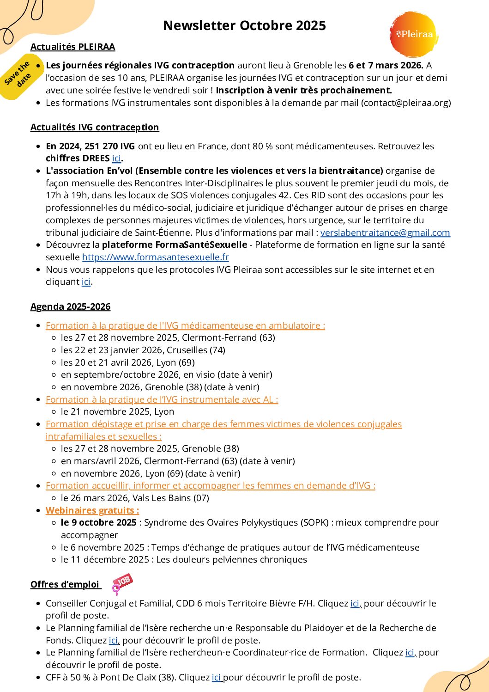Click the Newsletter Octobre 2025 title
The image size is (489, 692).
coord(244,25)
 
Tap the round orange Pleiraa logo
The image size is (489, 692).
coord(413,35)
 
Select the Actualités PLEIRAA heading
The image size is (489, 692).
coord(72,47)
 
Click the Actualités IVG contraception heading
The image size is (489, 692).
coord(95,128)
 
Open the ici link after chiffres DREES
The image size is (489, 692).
coord(116,159)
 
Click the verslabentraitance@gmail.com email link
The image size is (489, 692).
coord(385,233)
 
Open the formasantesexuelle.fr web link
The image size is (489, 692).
coord(155,257)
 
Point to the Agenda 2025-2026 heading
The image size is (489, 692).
coord(70,307)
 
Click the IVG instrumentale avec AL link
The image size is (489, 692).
coord(162,400)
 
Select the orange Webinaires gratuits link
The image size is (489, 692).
coord(92,511)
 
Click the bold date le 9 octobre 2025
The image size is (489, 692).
coord(99,523)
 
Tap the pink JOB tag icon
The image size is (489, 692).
coord(122,583)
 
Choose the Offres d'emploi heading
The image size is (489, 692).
coord(65,585)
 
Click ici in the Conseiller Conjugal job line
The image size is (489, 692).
coord(355,604)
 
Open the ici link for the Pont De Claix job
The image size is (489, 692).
coord(217,678)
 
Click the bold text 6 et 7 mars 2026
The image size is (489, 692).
coord(386,66)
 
